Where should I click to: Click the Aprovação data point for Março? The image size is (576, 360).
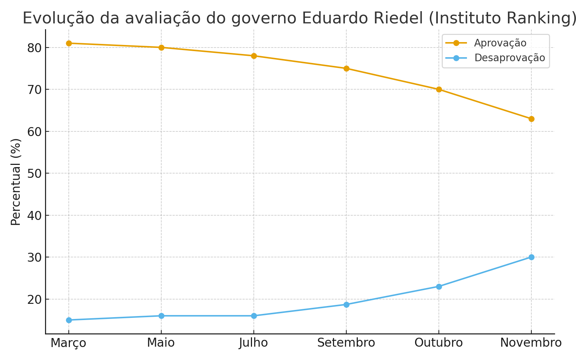(x=69, y=43)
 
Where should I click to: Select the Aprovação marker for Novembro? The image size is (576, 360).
(x=531, y=119)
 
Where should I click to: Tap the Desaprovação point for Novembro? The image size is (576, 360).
(x=531, y=257)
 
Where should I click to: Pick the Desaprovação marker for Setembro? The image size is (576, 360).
(x=346, y=305)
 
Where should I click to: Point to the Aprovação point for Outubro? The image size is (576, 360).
(x=439, y=89)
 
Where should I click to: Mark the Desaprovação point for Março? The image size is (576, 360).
(x=69, y=320)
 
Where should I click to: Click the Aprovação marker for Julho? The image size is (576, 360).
(x=254, y=56)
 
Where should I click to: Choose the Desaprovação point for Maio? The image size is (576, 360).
(x=161, y=316)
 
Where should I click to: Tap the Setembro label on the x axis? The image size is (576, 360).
(x=346, y=343)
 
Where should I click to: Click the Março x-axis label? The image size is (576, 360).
(x=68, y=343)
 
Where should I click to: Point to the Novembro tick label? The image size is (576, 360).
(x=531, y=343)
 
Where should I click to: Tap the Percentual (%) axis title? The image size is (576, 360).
(x=16, y=182)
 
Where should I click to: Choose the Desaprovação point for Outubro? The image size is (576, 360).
(x=439, y=287)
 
